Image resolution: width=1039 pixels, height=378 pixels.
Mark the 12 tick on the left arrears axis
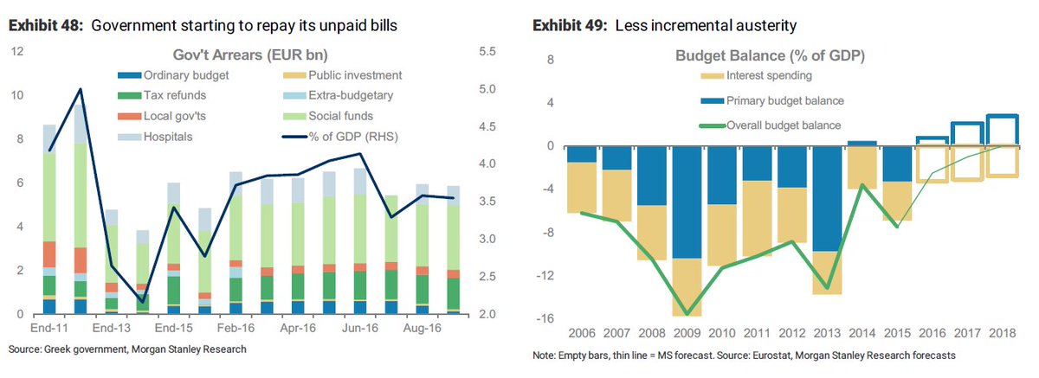click(x=16, y=53)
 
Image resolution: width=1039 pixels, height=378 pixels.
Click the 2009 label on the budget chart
click(x=687, y=334)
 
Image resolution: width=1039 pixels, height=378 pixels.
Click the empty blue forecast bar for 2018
click(x=1003, y=130)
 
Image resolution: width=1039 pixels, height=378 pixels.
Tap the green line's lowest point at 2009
click(x=687, y=314)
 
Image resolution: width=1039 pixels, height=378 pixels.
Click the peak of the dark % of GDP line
click(x=81, y=89)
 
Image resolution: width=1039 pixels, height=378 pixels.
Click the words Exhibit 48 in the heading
click(x=45, y=25)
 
